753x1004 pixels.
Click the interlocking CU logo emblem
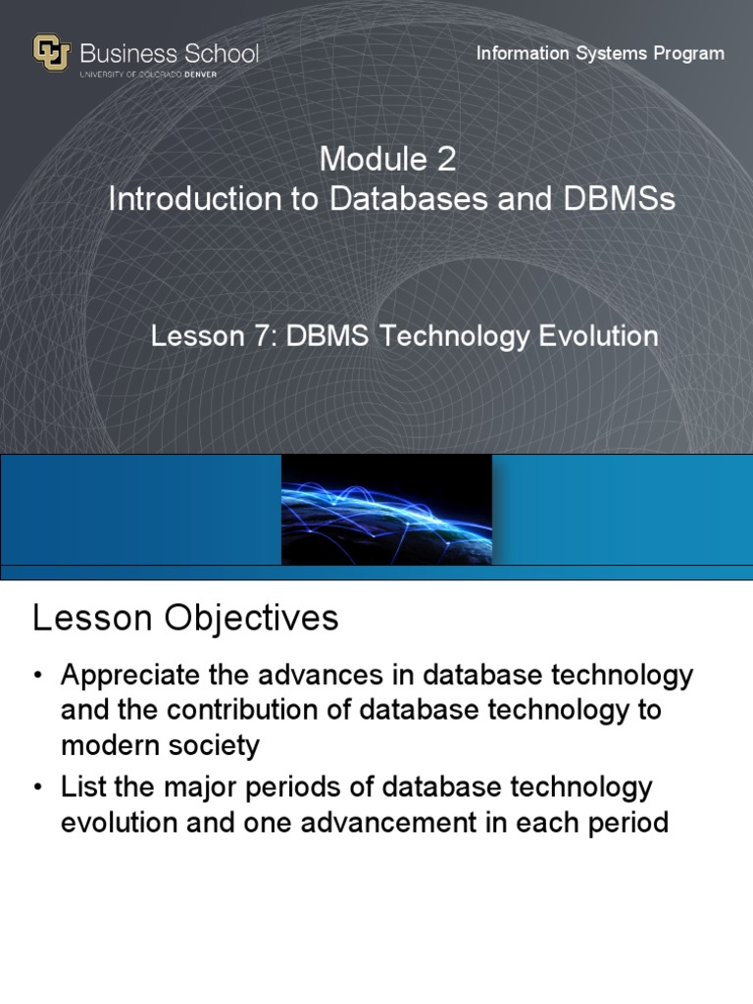tap(52, 53)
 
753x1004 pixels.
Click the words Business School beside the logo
tap(169, 52)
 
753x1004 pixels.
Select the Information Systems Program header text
tap(600, 53)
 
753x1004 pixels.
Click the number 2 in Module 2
tap(446, 158)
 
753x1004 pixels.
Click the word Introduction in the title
tap(192, 199)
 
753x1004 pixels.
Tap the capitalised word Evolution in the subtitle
tap(598, 336)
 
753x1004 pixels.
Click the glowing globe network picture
tap(386, 510)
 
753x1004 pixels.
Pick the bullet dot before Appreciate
tap(38, 677)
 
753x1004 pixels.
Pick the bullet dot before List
tap(38, 787)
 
